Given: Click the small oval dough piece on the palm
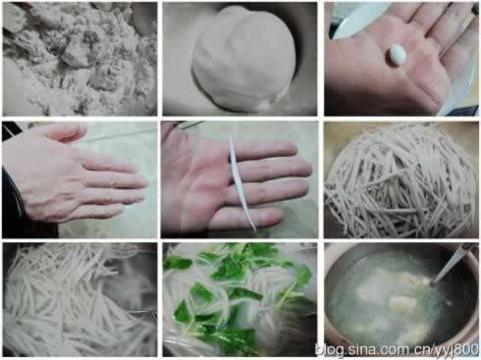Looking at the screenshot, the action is point(398,53).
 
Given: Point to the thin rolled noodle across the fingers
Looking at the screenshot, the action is point(241,183).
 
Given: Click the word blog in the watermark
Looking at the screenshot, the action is point(330,350).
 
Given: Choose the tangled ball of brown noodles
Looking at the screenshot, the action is point(401,181).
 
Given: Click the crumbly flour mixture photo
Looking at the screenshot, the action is point(80,59).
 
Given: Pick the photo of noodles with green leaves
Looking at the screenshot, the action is point(240,299).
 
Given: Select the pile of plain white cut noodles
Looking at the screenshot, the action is point(80,299).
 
